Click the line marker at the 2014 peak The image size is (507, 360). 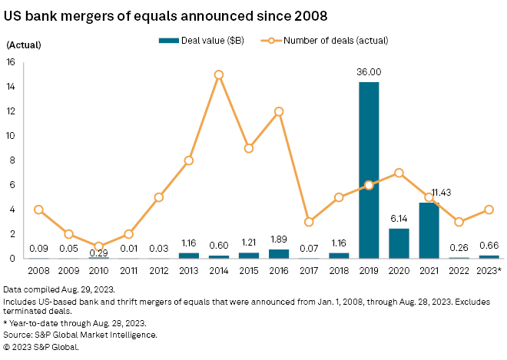click(x=219, y=74)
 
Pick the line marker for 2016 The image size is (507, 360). click(x=279, y=111)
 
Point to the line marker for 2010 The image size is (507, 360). click(x=98, y=246)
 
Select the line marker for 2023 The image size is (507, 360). click(x=489, y=210)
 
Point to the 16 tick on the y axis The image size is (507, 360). click(x=12, y=62)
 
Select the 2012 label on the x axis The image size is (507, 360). click(x=158, y=270)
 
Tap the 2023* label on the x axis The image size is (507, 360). click(x=489, y=270)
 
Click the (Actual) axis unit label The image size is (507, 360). click(x=25, y=45)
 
